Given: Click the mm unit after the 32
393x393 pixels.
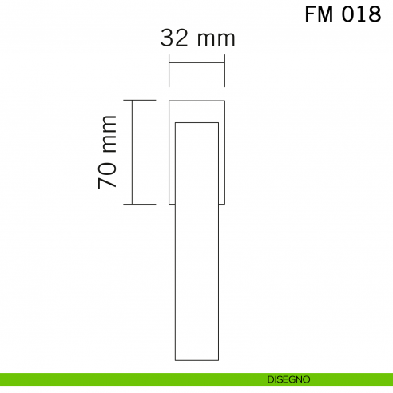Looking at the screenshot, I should click(216, 38).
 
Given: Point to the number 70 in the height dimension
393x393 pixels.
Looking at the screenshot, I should click(108, 173).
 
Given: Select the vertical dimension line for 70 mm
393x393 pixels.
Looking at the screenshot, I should click(133, 152).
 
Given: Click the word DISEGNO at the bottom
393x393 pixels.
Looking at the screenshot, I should click(288, 379).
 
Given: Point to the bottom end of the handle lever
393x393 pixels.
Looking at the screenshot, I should click(196, 359).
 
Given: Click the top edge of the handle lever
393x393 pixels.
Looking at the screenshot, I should click(196, 122).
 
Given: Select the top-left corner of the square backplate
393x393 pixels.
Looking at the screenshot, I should click(169, 101).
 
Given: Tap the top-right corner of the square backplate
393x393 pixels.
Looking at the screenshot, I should click(224, 101).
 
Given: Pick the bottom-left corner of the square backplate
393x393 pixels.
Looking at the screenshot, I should click(169, 204).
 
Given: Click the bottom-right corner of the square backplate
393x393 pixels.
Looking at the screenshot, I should click(224, 204).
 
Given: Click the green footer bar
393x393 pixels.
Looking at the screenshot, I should click(120, 379).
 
